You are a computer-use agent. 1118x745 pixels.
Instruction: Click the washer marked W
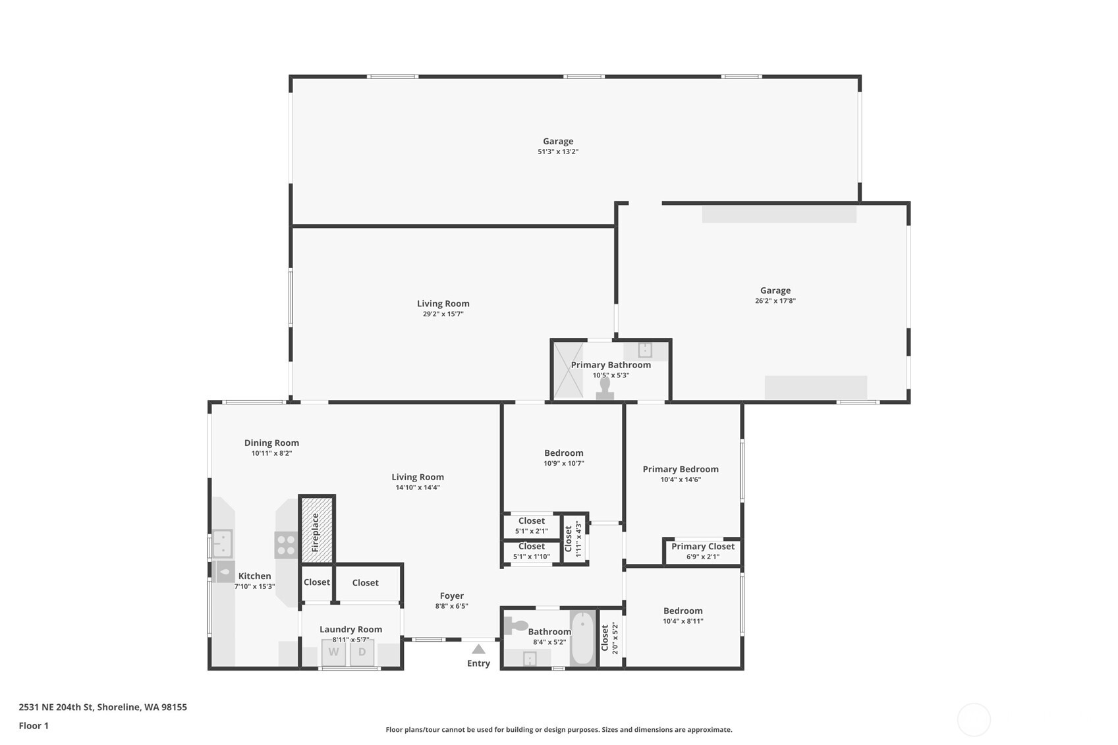pos(333,652)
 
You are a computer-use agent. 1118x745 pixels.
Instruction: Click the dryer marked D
pos(362,652)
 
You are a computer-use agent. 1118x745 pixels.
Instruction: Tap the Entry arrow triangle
pos(479,649)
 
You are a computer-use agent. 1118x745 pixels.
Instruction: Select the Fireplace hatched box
pos(317,530)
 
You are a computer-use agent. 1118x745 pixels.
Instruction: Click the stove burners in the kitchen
pos(286,545)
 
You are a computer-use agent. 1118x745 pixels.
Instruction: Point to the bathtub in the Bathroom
pos(582,638)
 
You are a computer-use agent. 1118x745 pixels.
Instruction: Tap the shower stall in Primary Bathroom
pos(568,370)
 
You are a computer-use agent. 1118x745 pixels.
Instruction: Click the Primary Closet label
pos(702,546)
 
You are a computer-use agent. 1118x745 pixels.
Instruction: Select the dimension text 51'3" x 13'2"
pos(558,152)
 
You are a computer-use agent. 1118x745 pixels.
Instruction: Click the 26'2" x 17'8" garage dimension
pos(775,301)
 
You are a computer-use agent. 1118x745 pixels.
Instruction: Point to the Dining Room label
pos(271,443)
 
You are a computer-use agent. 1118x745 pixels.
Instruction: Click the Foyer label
pos(452,595)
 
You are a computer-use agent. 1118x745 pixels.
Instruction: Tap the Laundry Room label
pos(350,629)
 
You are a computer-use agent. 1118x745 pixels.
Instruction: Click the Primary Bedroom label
pos(681,469)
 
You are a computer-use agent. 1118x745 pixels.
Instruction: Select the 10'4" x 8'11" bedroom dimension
pos(683,621)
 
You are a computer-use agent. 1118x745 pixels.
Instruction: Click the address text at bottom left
pos(103,707)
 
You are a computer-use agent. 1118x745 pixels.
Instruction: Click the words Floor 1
pos(34,725)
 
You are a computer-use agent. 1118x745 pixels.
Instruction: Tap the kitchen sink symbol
pos(222,543)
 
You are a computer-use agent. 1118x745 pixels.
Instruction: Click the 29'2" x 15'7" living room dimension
pos(443,314)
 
